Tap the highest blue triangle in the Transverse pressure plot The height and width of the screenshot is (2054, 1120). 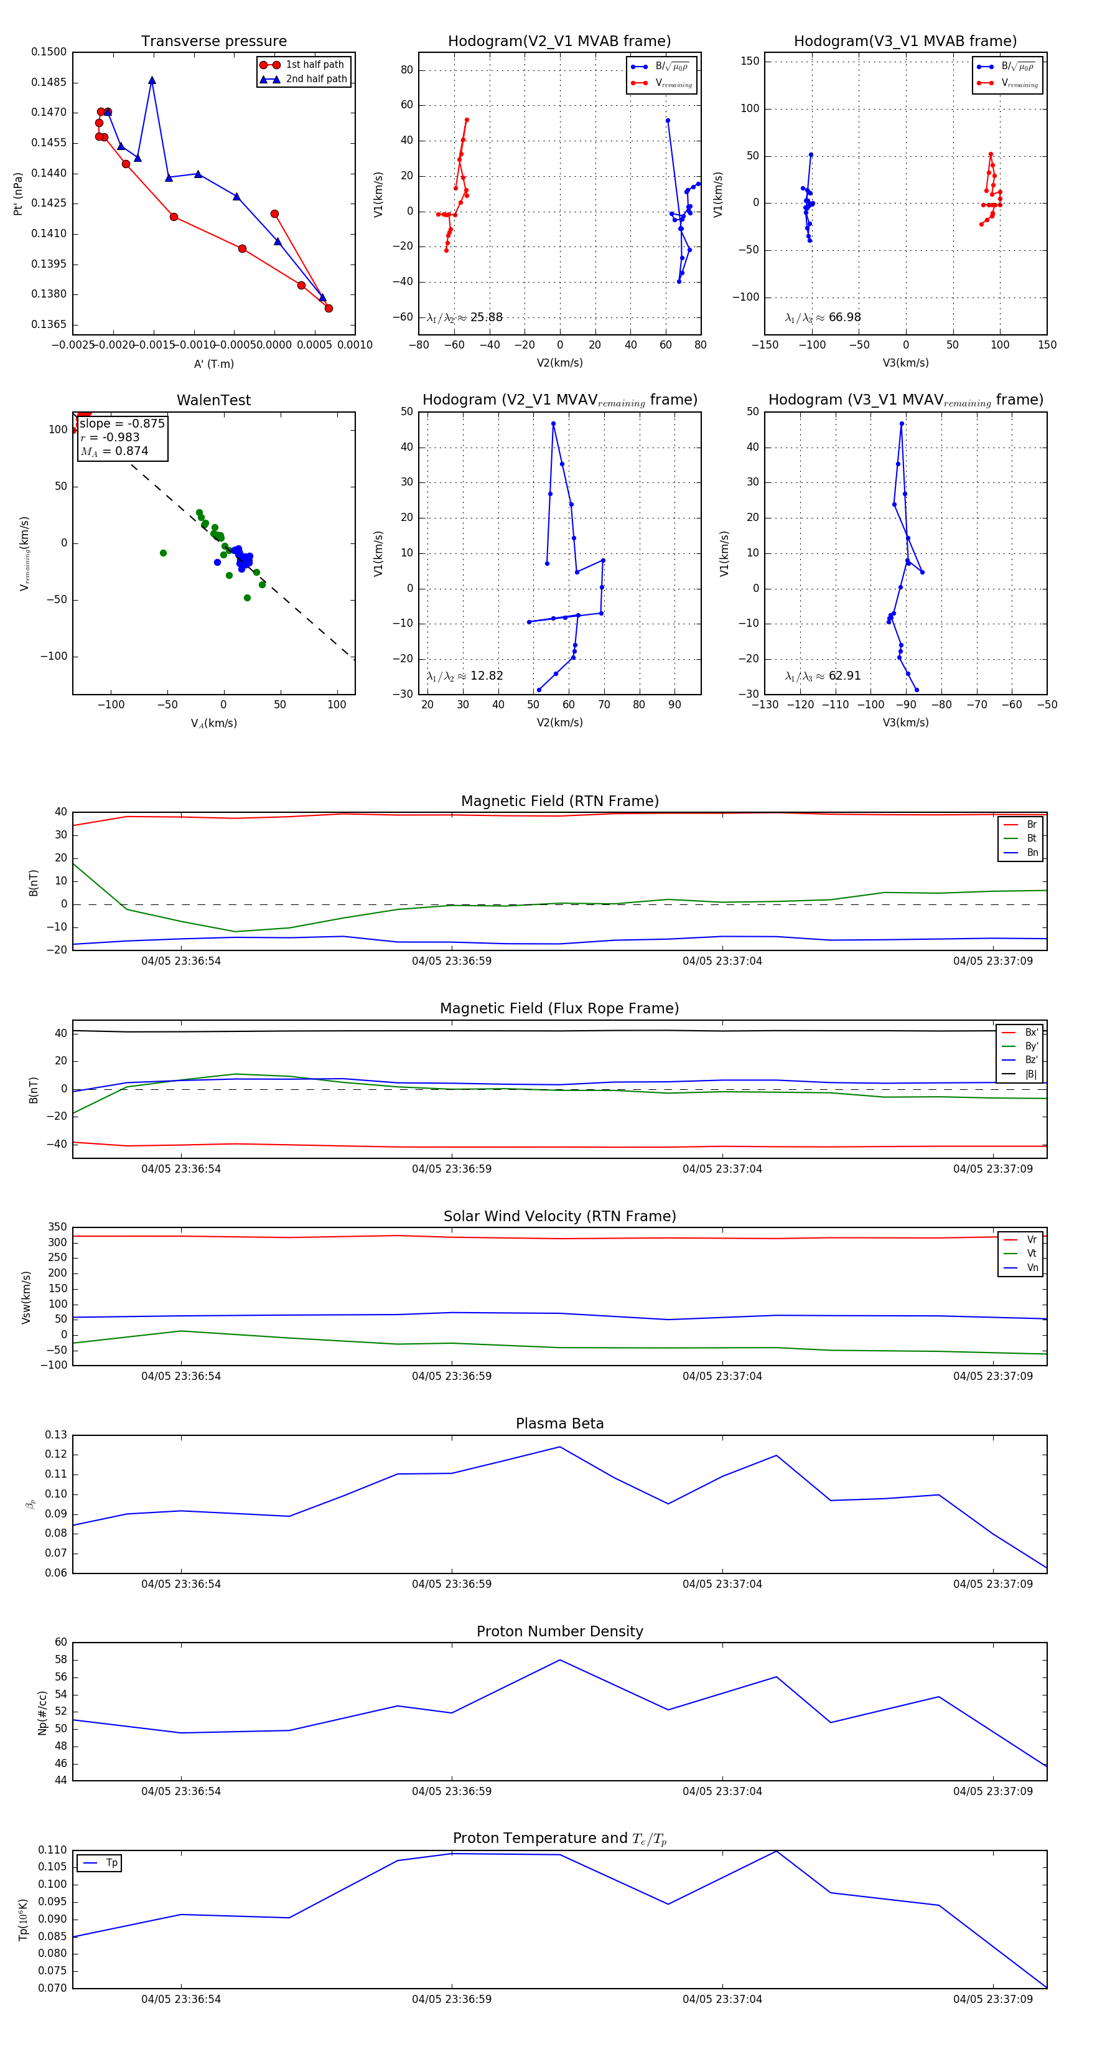coord(151,80)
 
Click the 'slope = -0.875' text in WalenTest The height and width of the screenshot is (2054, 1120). coord(122,423)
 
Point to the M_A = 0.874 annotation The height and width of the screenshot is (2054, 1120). coord(114,451)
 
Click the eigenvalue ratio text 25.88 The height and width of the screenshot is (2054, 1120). coord(486,317)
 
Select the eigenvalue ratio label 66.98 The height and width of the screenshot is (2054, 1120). coord(844,317)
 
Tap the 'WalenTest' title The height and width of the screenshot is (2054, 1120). coord(213,400)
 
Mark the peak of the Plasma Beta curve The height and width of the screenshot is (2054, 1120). coord(559,1447)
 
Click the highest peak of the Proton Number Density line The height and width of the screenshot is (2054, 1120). coord(559,1660)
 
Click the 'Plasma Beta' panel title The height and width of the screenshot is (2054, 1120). coord(559,1424)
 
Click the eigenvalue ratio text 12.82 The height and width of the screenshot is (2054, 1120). coord(486,676)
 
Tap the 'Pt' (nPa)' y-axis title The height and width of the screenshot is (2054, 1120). coord(17,194)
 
